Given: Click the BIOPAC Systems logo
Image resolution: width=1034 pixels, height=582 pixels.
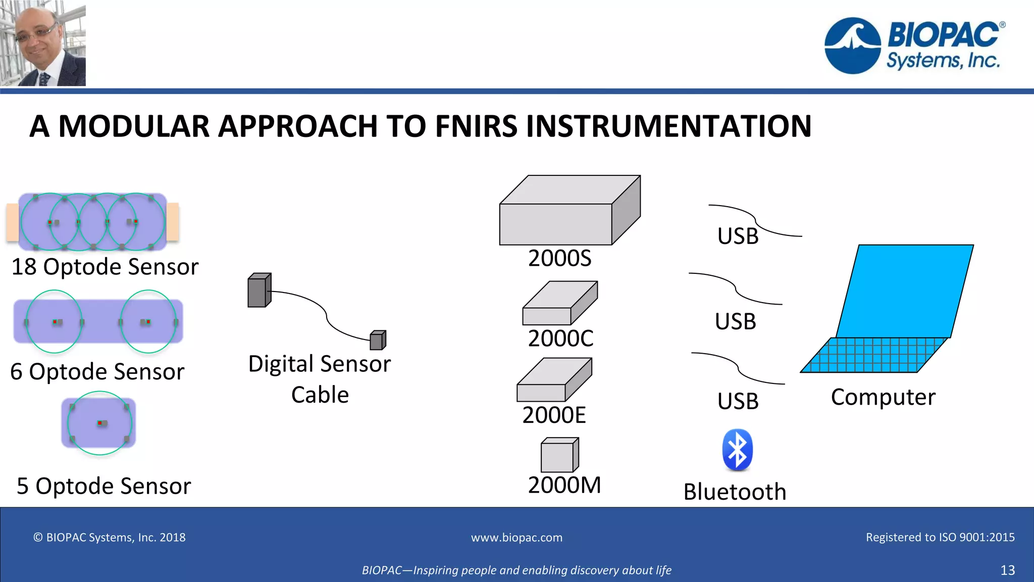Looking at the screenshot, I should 914,45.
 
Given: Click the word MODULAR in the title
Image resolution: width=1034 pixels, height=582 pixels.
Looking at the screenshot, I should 133,126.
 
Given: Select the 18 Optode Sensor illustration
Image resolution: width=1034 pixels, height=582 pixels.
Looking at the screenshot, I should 92,222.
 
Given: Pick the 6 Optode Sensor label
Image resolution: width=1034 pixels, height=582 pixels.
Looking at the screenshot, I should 97,371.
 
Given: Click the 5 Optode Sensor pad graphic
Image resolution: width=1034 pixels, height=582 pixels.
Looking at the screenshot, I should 99,423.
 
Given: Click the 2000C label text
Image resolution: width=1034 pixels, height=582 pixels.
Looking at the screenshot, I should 560,338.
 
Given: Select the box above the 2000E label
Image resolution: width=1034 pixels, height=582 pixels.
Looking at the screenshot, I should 554,380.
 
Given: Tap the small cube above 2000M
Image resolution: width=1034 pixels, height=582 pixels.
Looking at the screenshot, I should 559,455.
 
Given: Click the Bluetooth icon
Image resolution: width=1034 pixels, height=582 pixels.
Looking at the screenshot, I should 737,450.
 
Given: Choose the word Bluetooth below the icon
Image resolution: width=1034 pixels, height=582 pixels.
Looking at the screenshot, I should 735,492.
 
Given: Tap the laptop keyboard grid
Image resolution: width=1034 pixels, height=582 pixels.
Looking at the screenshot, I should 873,355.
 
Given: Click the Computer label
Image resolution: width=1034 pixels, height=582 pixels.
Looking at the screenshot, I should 883,397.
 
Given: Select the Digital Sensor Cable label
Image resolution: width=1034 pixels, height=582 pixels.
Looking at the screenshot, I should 320,379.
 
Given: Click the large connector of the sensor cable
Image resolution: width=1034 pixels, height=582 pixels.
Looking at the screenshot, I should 259,290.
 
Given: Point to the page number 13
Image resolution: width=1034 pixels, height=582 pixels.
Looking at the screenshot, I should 1007,570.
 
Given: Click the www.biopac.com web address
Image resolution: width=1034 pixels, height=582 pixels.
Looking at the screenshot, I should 516,538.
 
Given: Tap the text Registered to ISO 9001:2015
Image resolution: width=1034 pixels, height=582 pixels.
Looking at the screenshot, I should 940,537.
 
